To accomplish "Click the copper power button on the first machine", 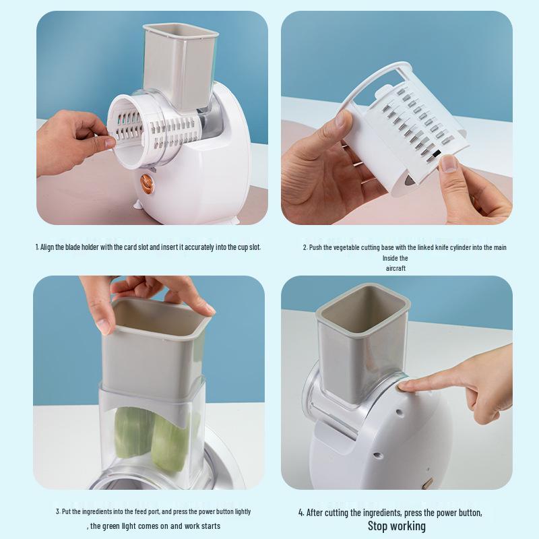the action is coord(147,183).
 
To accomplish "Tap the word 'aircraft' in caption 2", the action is coord(395,268).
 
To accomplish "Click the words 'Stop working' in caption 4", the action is coord(396,526).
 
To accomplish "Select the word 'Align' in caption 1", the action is coord(46,247).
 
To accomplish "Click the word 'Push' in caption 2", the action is coord(315,247).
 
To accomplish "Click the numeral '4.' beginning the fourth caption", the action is coord(301,513).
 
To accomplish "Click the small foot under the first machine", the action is coord(137,205).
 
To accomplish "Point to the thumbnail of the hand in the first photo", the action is coord(109,141).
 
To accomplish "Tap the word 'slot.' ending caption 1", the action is coord(255,247).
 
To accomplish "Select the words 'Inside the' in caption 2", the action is coord(395,258).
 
